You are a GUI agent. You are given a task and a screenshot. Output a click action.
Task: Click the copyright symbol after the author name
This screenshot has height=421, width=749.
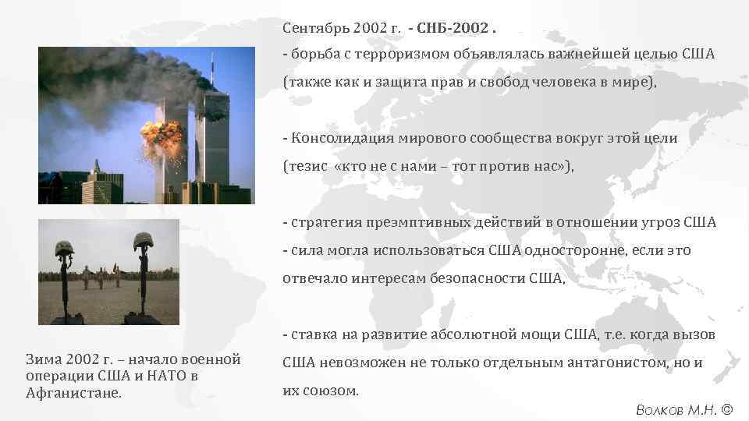pyautogui.click(x=727, y=409)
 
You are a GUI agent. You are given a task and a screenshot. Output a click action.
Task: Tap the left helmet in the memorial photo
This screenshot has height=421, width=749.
pyautogui.click(x=65, y=247)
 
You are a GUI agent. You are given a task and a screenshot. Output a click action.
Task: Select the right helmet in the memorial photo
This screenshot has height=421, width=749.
pyautogui.click(x=142, y=242)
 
